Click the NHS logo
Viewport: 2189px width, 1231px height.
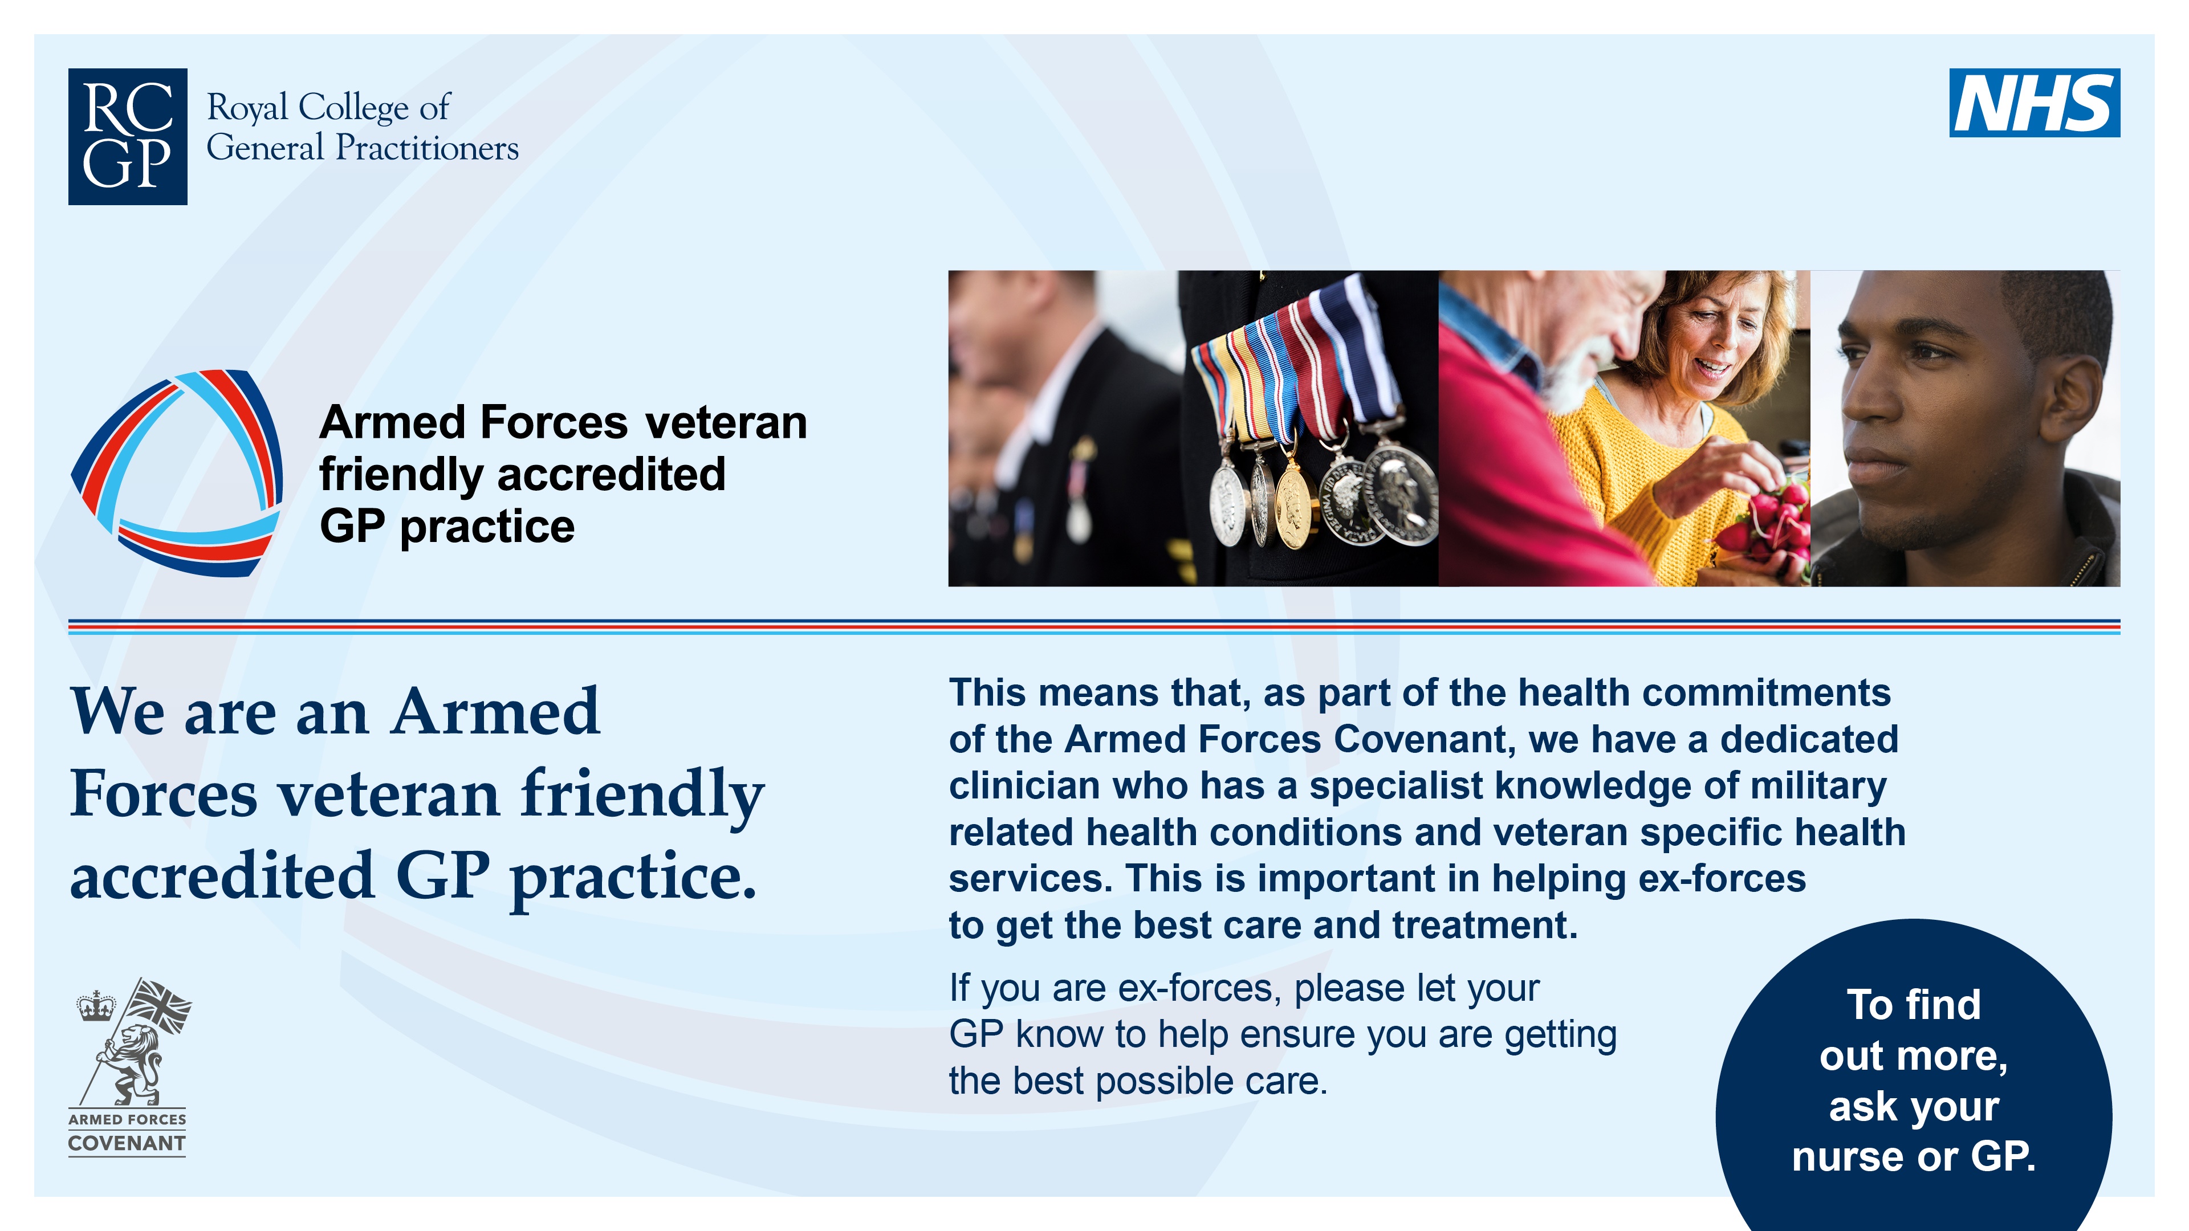coord(2033,103)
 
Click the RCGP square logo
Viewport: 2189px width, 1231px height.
coord(128,136)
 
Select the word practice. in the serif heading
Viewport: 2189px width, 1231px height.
coord(633,877)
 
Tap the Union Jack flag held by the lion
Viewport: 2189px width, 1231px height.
coord(161,1005)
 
